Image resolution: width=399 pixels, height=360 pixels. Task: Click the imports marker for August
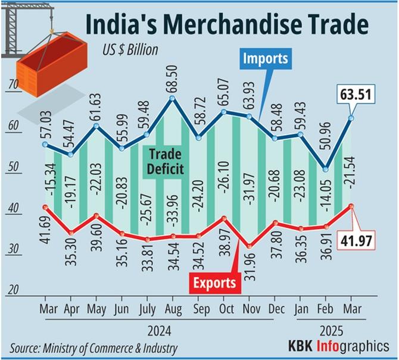(173, 98)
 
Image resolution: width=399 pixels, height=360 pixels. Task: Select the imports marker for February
(325, 168)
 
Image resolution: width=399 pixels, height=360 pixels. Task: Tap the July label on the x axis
(148, 309)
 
